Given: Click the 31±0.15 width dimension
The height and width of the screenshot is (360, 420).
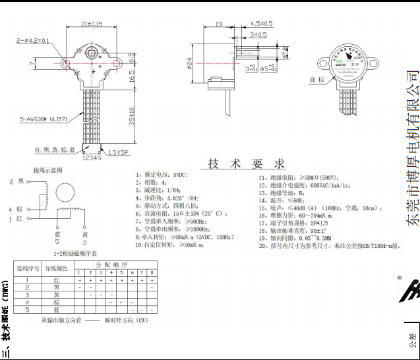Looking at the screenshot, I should tap(91, 24).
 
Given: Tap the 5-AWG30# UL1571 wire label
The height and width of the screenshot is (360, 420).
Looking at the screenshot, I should tap(44, 119).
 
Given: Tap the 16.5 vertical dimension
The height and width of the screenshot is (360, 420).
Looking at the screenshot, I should tap(132, 77).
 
